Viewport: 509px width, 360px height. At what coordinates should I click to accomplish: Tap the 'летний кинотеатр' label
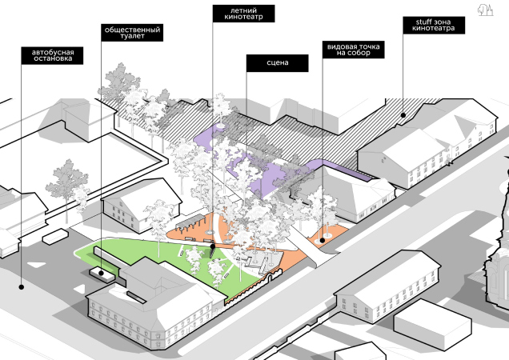click(244, 14)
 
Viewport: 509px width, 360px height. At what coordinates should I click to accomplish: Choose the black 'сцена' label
click(277, 61)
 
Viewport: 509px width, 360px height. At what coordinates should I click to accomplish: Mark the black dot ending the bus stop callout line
click(22, 286)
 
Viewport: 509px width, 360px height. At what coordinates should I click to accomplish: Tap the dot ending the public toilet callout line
click(102, 274)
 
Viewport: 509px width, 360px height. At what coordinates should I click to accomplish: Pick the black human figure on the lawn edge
click(213, 249)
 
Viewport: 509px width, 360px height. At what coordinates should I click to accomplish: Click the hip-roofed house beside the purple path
click(357, 192)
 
